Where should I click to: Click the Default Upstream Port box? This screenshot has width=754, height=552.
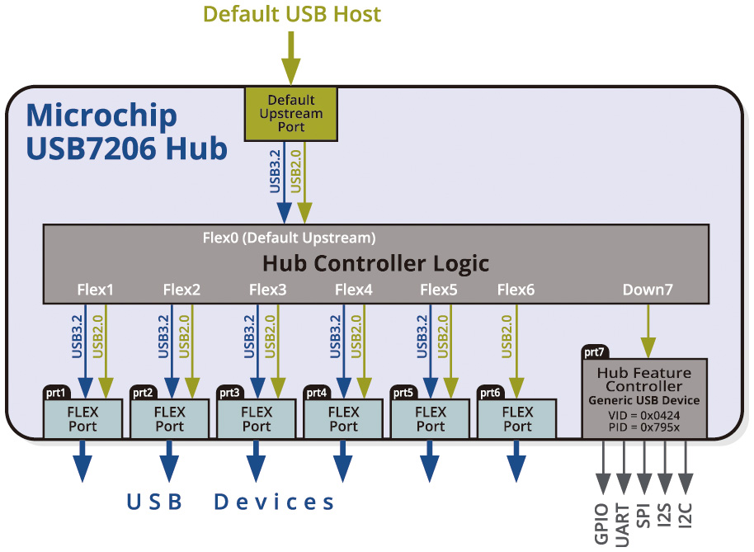pos(291,113)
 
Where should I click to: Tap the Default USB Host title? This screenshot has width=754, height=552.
pos(292,14)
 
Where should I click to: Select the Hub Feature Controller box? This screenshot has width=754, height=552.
pos(644,399)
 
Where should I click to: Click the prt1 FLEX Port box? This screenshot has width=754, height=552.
pos(82,418)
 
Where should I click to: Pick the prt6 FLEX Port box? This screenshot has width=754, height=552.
pos(517,418)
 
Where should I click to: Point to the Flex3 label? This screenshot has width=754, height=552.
pos(267,290)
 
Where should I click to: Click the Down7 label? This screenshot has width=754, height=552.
pos(648,290)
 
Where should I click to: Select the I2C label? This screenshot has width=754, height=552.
pos(685,512)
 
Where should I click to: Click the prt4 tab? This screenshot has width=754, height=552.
pos(317,392)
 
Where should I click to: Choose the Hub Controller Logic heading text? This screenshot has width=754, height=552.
pos(375,263)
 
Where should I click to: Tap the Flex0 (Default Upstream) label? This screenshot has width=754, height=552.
pos(289,238)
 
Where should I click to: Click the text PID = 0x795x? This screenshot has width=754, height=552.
pos(644,427)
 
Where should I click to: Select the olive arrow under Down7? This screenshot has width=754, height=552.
pos(648,330)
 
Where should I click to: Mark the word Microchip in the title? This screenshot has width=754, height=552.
pos(101,116)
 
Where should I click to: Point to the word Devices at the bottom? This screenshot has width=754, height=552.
pos(275,502)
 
